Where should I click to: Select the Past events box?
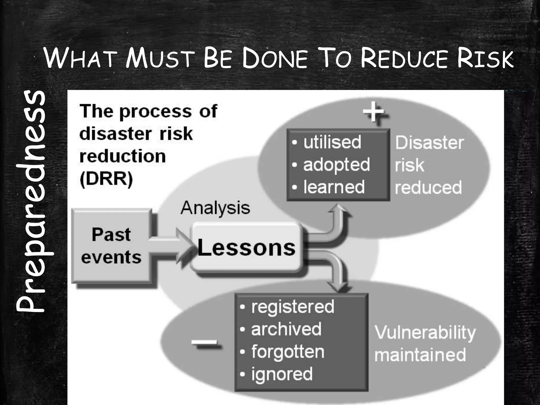pyautogui.click(x=111, y=246)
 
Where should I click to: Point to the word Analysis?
pyautogui.click(x=215, y=208)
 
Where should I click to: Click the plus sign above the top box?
pyautogui.click(x=374, y=112)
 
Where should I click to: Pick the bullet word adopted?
pyautogui.click(x=336, y=165)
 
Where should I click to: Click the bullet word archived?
pyautogui.click(x=286, y=329)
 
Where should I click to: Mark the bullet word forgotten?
pyautogui.click(x=288, y=352)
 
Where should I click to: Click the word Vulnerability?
pyautogui.click(x=425, y=333)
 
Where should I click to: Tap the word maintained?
pyautogui.click(x=420, y=355)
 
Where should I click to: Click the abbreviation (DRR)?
pyautogui.click(x=106, y=179)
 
